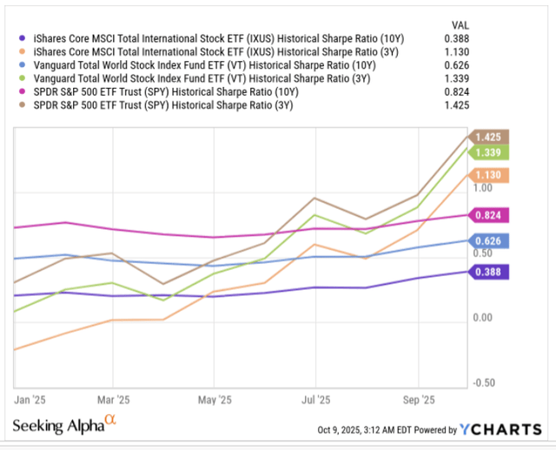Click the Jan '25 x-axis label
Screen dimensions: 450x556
31,402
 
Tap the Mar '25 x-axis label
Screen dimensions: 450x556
111,402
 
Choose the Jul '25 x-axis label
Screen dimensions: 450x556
315,402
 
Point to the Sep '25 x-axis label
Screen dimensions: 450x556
419,402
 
